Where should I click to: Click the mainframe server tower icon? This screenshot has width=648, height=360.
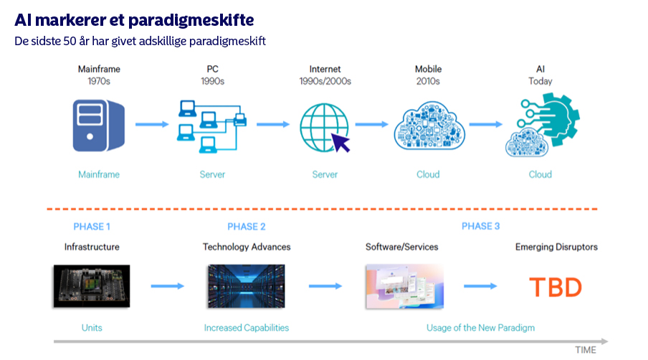click(x=99, y=124)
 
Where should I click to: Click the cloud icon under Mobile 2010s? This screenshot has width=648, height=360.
click(x=428, y=124)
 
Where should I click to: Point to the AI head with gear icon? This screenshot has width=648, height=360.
click(x=543, y=125)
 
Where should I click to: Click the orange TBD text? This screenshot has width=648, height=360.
click(x=556, y=287)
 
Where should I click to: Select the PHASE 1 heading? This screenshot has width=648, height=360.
click(x=92, y=227)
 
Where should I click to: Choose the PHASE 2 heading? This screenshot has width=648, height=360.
click(x=247, y=227)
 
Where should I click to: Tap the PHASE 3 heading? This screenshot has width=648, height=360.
click(x=481, y=227)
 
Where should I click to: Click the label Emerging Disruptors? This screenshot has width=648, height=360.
click(x=556, y=247)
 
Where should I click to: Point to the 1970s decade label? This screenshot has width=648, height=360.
click(x=99, y=81)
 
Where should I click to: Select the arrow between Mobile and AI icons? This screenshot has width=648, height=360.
click(x=485, y=124)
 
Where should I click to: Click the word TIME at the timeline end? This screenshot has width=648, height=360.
click(x=586, y=349)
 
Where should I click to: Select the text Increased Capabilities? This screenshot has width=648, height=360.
click(x=247, y=328)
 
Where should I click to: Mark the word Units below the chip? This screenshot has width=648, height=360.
click(x=92, y=328)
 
